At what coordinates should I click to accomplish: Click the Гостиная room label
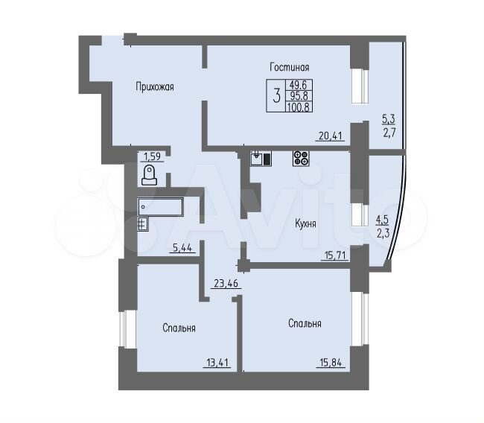tap(289, 67)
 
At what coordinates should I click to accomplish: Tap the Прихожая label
tap(155, 87)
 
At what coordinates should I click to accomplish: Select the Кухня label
tap(305, 223)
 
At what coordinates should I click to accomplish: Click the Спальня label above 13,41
tap(179, 328)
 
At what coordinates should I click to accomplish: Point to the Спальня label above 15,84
tap(305, 323)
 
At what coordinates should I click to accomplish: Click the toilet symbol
tap(149, 175)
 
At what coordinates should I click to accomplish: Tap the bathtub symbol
tap(161, 207)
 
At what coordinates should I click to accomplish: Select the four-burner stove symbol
tap(301, 158)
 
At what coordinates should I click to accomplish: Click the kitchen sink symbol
tap(261, 159)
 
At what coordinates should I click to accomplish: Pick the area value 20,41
tap(330, 136)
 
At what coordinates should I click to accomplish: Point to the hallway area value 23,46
tap(226, 283)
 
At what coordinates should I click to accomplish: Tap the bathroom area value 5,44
tap(182, 248)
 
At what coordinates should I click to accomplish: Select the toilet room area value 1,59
tap(153, 156)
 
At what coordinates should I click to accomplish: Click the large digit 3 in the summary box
tap(277, 95)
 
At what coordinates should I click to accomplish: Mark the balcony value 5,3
tap(388, 118)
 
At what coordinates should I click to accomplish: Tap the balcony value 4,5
tap(382, 220)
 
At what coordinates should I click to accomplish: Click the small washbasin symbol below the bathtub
tap(143, 224)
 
